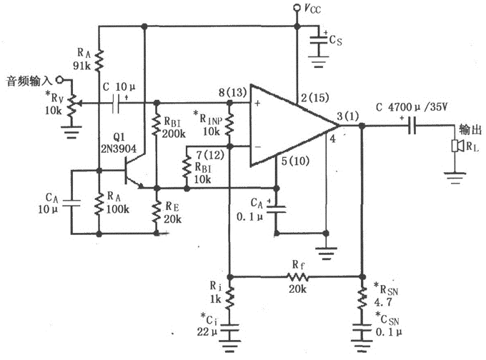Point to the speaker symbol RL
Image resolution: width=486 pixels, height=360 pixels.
[x=455, y=146]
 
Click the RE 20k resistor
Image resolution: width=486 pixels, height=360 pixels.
[x=155, y=211]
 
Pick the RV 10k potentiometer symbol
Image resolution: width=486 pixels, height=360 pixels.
[x=69, y=106]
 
